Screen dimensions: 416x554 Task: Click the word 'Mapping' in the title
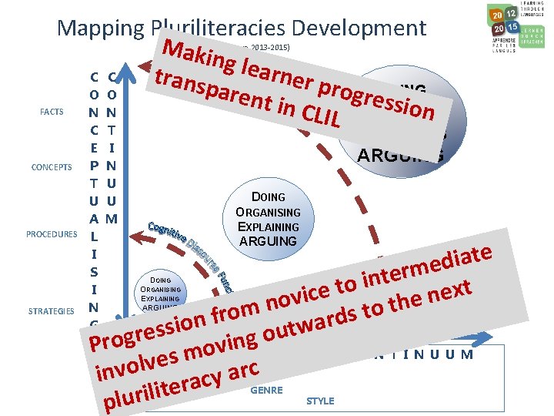point(98,29)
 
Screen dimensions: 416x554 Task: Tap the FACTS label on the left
point(52,112)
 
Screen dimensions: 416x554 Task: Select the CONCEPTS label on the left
point(52,167)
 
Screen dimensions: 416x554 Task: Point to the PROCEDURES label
point(52,233)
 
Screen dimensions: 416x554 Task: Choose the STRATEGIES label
point(52,311)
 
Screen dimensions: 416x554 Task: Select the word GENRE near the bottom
point(267,390)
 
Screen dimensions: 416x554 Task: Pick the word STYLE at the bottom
point(320,401)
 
